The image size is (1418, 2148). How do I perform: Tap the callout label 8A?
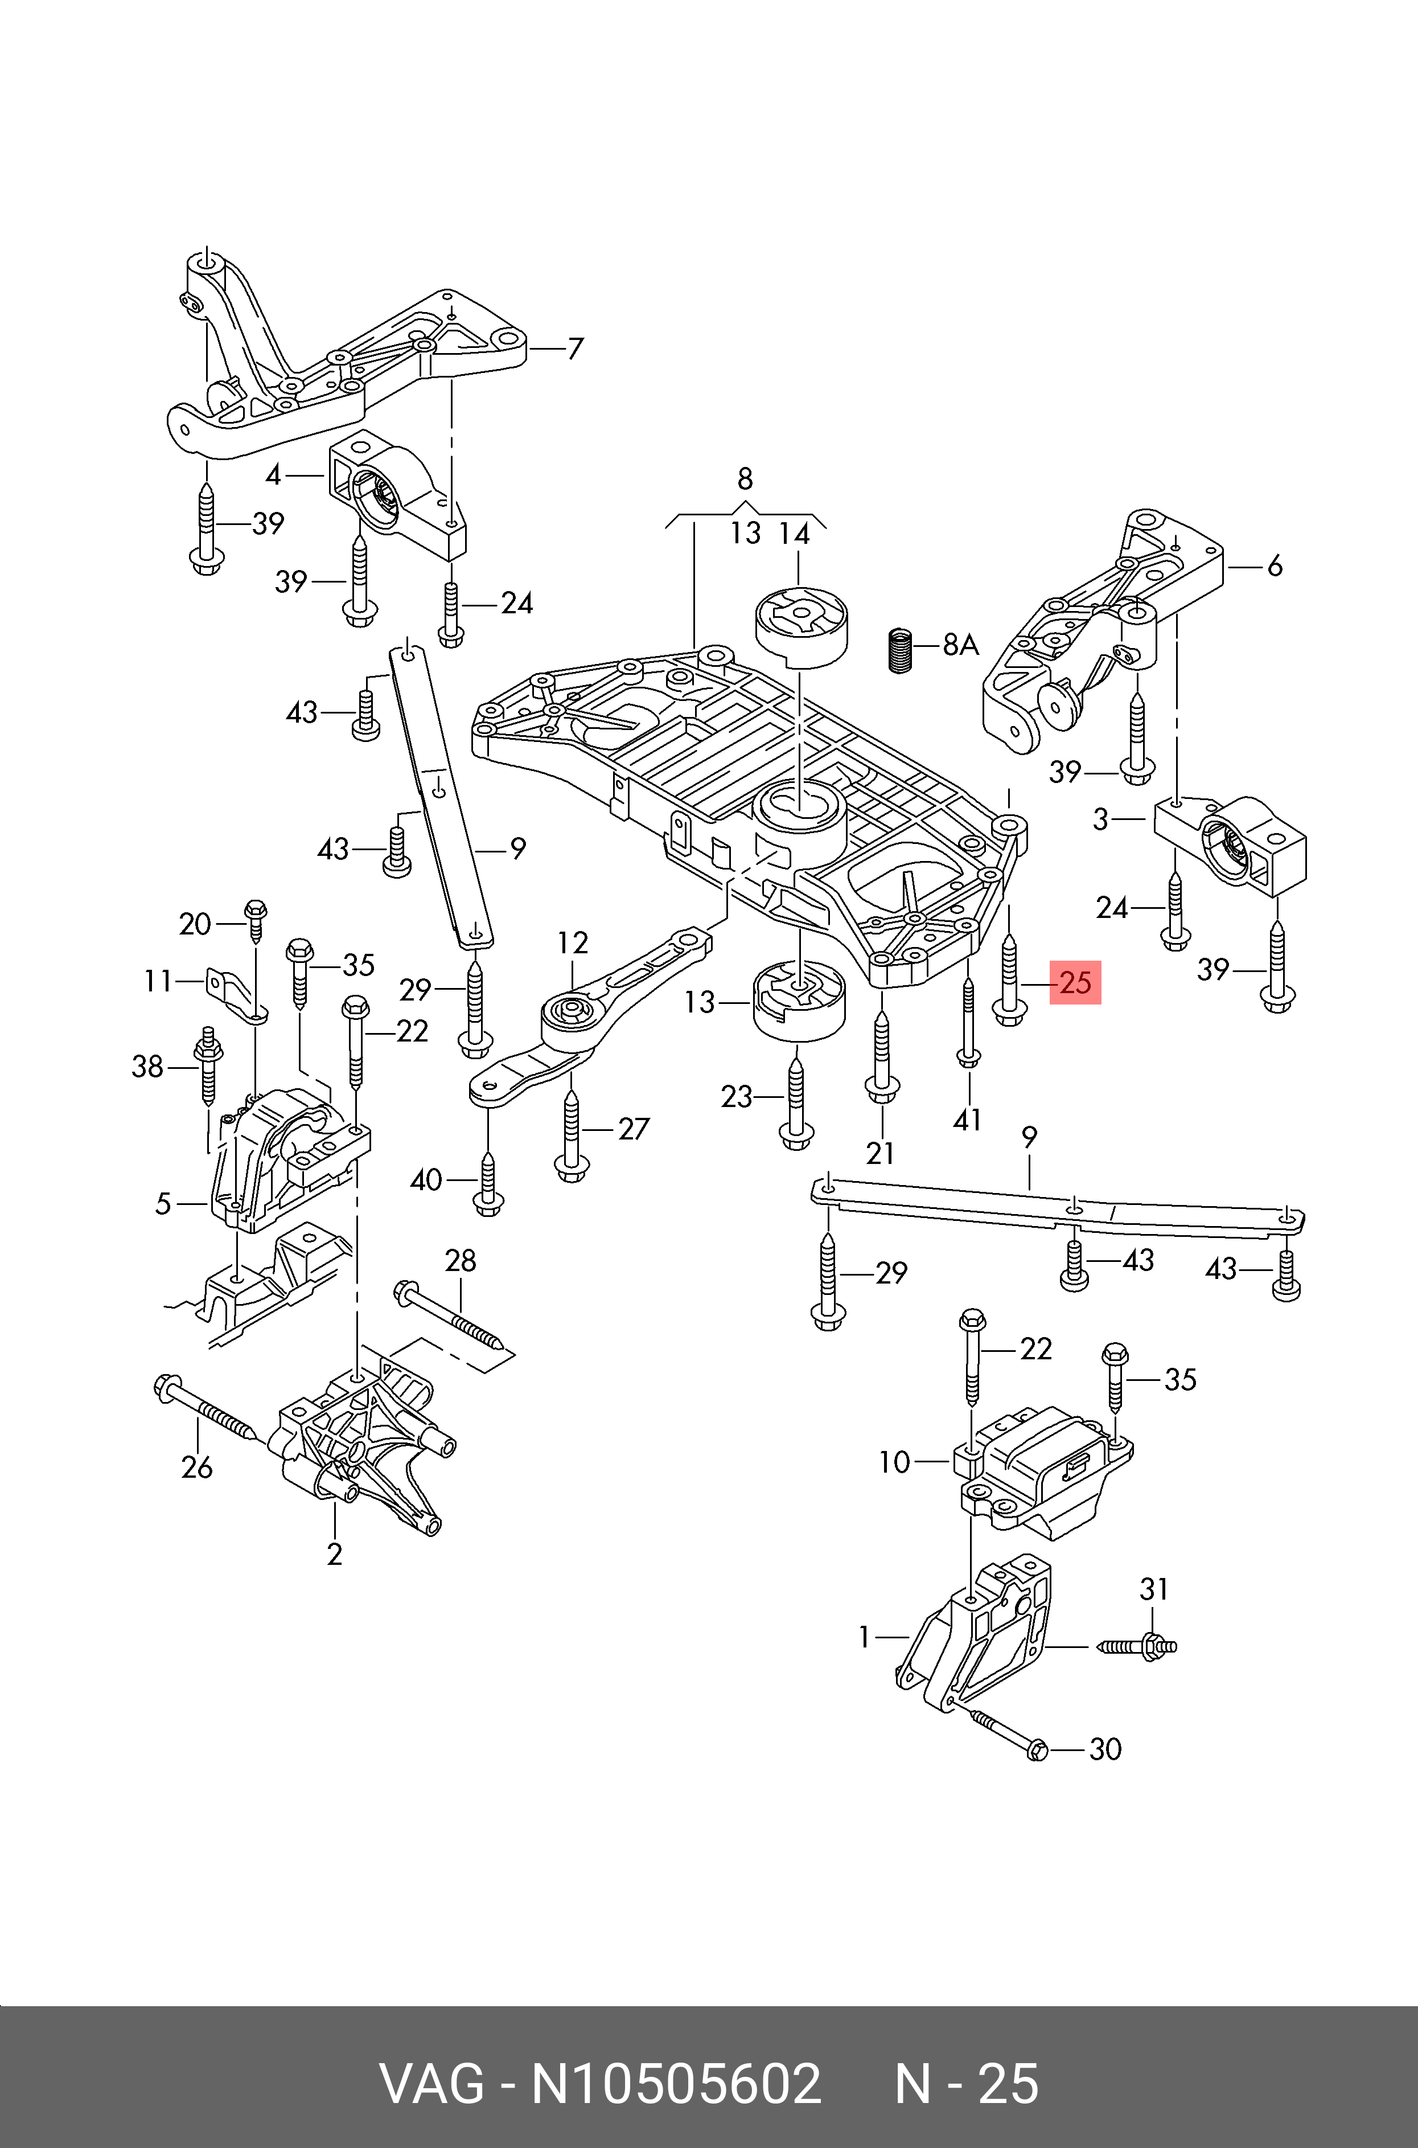point(961,645)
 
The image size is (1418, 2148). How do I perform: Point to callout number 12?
point(573,944)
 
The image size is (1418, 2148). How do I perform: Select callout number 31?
point(1154,1588)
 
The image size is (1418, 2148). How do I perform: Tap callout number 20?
point(195,924)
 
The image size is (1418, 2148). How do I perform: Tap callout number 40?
point(426,1180)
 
